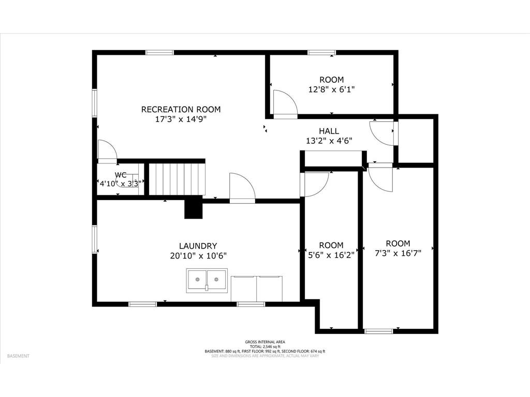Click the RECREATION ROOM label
pos(181,109)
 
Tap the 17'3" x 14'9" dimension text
pos(181,118)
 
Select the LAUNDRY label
pos(198,246)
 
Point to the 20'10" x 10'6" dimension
pos(198,255)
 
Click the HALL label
pos(329,131)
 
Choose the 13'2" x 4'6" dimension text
pos(329,140)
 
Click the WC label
pos(121,175)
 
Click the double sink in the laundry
pos(207,281)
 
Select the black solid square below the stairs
pos(194,208)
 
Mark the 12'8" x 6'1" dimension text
pos(331,89)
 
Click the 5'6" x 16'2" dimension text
pos(331,254)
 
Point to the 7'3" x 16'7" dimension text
pos(398,253)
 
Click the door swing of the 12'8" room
pos(285,104)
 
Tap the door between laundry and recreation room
pos(242,187)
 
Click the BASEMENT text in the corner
pos(18,356)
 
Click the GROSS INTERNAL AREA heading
pos(264,342)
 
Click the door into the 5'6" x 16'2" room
pos(315,184)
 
